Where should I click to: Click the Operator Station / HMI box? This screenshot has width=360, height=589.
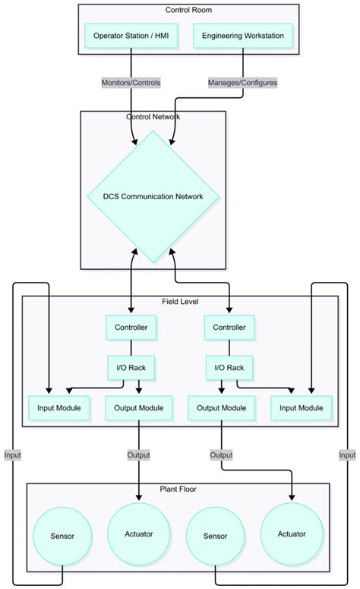[131, 36]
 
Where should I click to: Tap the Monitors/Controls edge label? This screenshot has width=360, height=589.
[130, 82]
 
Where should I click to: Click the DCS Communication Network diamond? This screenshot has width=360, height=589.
[153, 196]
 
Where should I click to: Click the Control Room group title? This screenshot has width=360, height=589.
[188, 10]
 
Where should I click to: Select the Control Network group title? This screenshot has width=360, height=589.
[153, 116]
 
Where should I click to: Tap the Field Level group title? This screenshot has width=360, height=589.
[180, 302]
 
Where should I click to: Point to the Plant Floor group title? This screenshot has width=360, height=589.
[178, 489]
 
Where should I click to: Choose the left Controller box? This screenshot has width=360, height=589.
[131, 328]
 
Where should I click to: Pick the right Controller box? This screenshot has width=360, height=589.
[230, 328]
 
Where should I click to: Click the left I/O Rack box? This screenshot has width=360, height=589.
[131, 368]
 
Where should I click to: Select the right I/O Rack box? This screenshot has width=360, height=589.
[230, 368]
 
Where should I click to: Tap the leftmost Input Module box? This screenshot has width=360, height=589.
[59, 408]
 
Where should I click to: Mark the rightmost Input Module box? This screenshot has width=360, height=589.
[302, 408]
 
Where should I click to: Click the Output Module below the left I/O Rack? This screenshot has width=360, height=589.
[137, 408]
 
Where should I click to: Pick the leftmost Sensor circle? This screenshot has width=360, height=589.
[62, 536]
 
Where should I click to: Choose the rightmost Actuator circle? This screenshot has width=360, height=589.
[291, 534]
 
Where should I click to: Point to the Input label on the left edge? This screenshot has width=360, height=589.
[13, 454]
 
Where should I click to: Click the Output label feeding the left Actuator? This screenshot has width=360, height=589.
[138, 454]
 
